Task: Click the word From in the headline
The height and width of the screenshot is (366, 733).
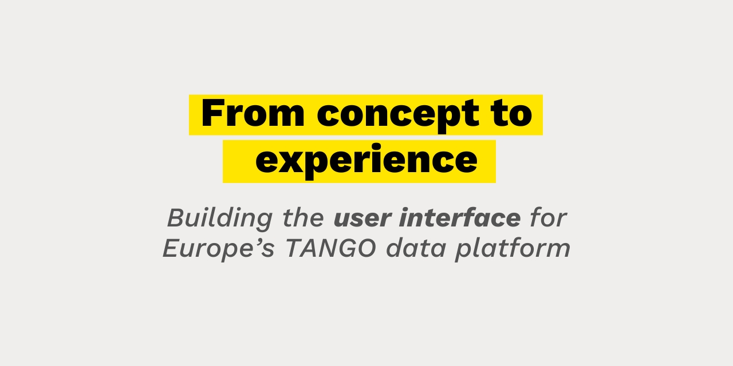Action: point(253,113)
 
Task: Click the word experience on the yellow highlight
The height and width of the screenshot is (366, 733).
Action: point(366,161)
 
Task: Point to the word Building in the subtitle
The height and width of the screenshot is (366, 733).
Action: point(220,218)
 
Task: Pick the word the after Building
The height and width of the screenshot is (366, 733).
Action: point(304,218)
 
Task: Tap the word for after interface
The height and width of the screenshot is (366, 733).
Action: point(548,218)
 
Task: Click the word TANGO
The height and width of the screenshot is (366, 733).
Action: point(331,248)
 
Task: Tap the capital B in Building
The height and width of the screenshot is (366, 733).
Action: point(176,218)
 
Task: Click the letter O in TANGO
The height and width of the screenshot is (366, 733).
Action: point(366,248)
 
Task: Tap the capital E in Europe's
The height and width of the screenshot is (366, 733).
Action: point(171,248)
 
